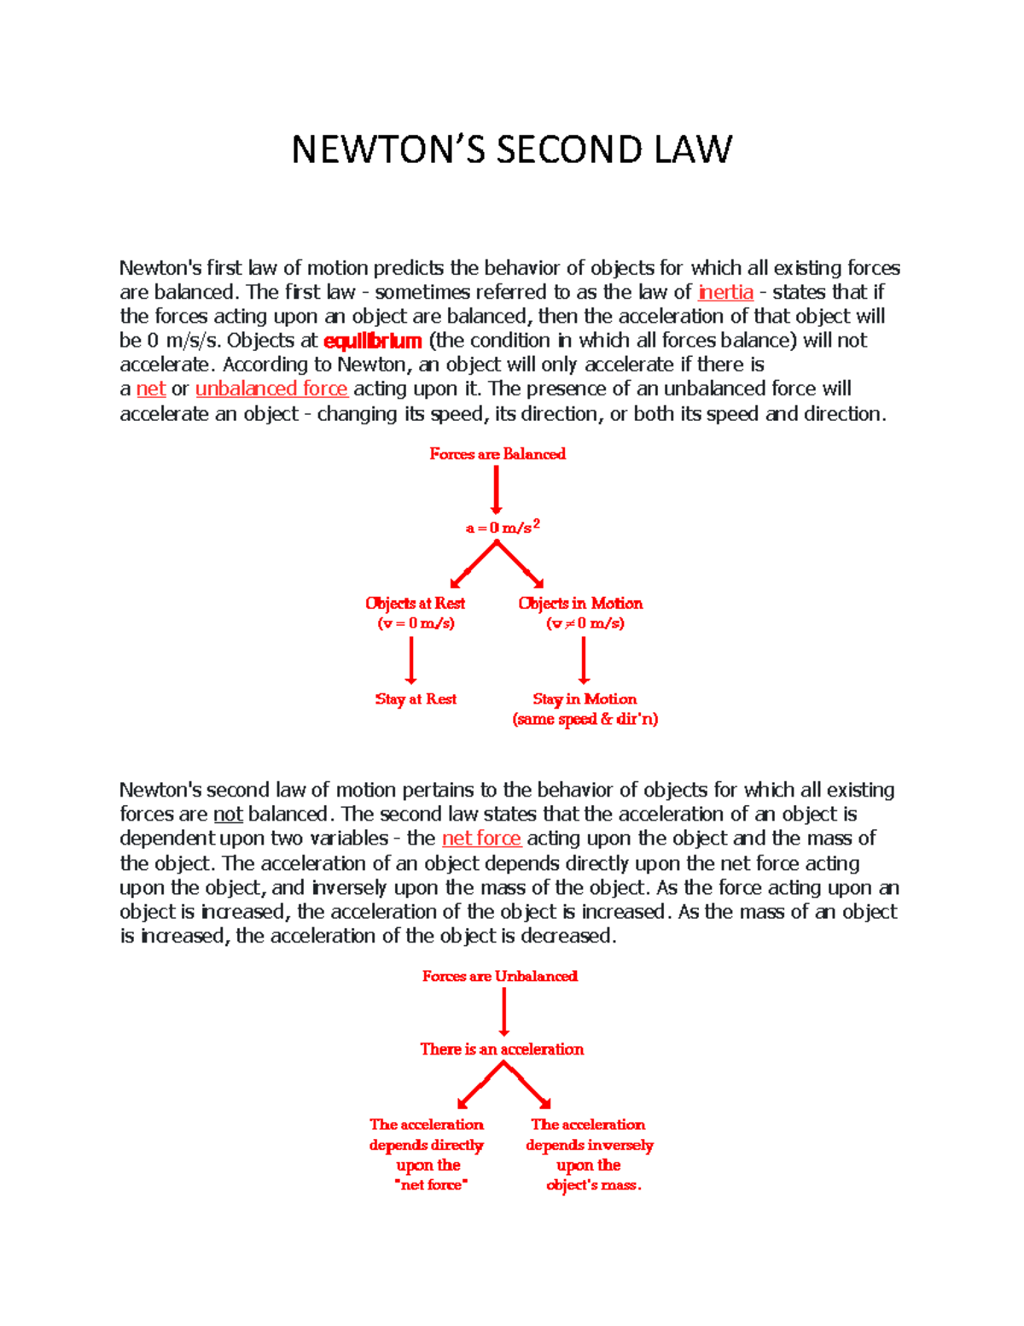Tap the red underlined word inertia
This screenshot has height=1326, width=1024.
click(x=725, y=292)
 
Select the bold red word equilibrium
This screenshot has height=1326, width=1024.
click(x=373, y=341)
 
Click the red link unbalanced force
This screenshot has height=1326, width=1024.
click(x=271, y=389)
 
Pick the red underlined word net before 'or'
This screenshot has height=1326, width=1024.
click(x=151, y=389)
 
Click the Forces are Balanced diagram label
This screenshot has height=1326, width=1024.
click(x=497, y=454)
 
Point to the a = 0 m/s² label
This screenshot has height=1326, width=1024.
click(x=503, y=528)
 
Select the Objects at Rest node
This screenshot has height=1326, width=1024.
click(x=416, y=604)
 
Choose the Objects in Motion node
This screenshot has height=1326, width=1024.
click(x=580, y=604)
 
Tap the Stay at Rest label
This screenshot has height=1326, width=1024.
click(x=416, y=699)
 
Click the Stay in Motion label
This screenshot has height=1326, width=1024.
click(x=585, y=699)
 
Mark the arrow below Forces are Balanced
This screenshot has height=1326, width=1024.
click(x=497, y=491)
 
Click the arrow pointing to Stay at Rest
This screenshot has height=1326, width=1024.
click(x=411, y=660)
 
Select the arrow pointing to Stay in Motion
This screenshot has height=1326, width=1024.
click(x=584, y=660)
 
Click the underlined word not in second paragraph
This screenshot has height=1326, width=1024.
click(x=228, y=815)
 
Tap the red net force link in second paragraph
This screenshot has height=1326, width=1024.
click(x=481, y=838)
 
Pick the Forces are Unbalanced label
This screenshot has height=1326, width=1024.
click(x=500, y=976)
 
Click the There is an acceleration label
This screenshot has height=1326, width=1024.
click(x=502, y=1049)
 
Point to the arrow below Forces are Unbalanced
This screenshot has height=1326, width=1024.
click(x=504, y=1013)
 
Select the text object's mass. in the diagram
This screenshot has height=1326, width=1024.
click(x=594, y=1185)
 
